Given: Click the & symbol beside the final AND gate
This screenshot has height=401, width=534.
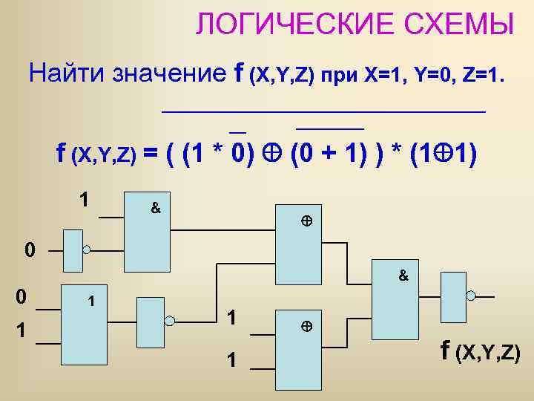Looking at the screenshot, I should pyautogui.click(x=403, y=276).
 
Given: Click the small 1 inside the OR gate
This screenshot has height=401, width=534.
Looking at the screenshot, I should pyautogui.click(x=90, y=302).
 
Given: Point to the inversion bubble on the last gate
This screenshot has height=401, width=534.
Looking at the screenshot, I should pyautogui.click(x=469, y=295).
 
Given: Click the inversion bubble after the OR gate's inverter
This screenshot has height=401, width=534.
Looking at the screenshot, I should pyautogui.click(x=169, y=321).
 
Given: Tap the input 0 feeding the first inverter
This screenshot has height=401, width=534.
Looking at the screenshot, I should pyautogui.click(x=28, y=250).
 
